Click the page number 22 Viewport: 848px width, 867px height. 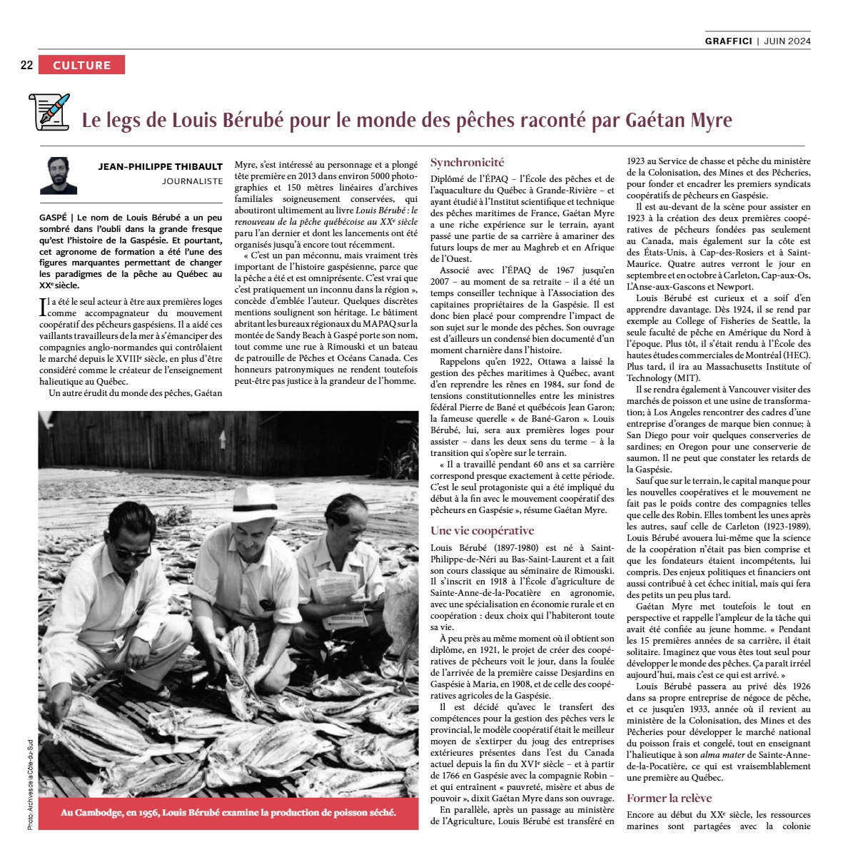[x=26, y=65]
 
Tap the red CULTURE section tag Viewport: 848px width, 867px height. [x=81, y=65]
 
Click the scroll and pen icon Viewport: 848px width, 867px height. [x=49, y=112]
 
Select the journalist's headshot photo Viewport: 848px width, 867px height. [x=59, y=176]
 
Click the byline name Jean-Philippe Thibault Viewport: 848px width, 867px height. [x=161, y=167]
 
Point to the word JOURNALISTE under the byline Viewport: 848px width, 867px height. [x=192, y=181]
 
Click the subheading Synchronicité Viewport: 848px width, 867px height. [x=467, y=163]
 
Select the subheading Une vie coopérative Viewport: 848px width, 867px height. [x=482, y=530]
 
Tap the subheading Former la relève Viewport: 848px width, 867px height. [x=669, y=798]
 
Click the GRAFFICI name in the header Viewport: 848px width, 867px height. [x=728, y=41]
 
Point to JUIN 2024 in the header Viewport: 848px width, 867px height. [x=787, y=41]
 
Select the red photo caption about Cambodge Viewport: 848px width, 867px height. [x=228, y=812]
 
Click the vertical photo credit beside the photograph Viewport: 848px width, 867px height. [x=31, y=783]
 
